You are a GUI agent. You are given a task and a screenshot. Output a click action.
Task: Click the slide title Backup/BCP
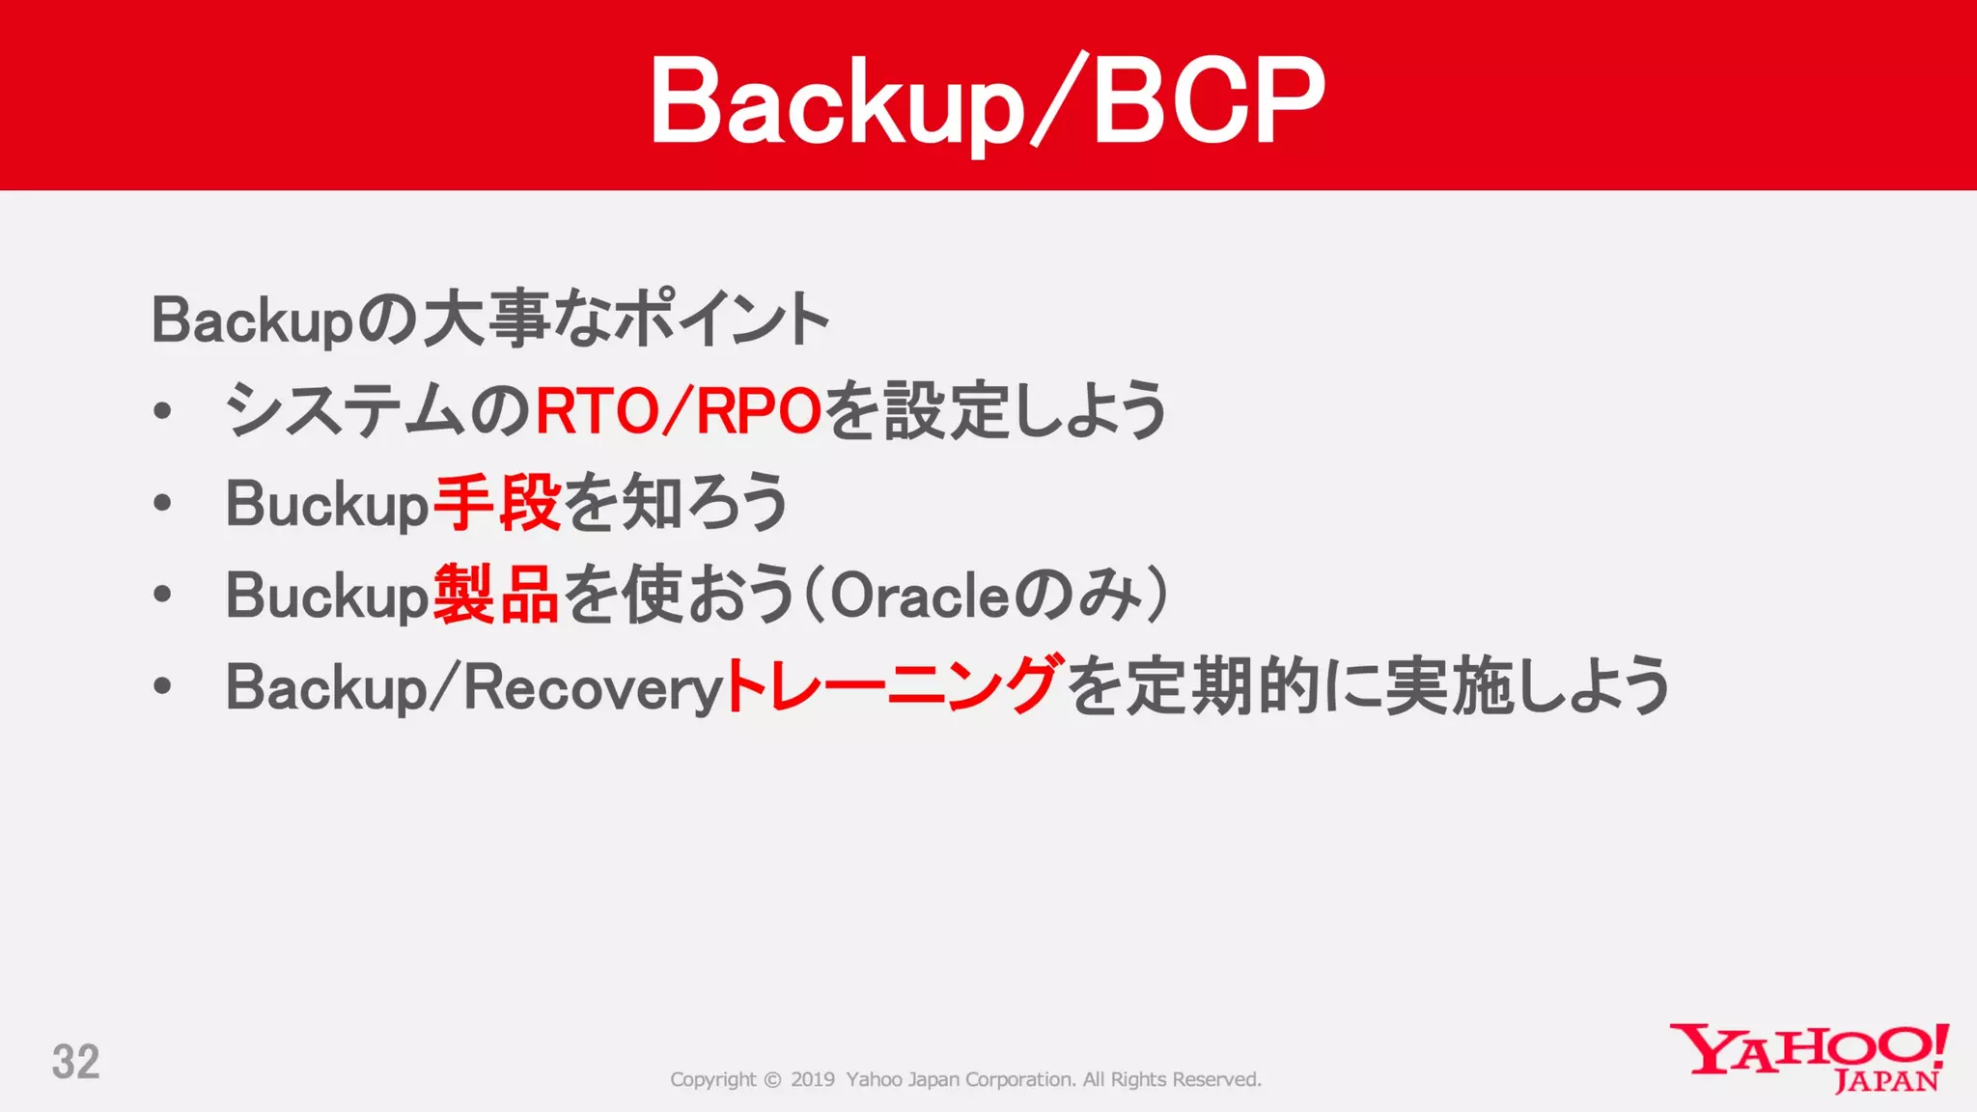(x=987, y=100)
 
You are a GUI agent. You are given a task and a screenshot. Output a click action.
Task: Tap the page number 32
(x=75, y=1062)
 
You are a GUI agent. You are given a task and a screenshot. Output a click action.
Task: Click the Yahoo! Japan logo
(x=1809, y=1056)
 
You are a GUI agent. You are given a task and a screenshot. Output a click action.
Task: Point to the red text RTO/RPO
(x=678, y=410)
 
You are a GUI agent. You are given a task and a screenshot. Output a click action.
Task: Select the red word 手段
(x=496, y=503)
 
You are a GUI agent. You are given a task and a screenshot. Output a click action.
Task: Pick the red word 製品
(x=496, y=595)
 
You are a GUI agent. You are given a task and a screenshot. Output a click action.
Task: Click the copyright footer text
(x=965, y=1079)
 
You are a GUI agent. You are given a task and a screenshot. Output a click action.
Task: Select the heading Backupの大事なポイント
(x=489, y=320)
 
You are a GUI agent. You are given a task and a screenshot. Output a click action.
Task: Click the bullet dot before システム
(x=162, y=411)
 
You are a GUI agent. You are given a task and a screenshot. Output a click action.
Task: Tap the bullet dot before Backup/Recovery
(x=162, y=686)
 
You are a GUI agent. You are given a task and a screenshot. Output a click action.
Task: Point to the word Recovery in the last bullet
(x=593, y=688)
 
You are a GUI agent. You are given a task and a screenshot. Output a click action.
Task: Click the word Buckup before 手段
(x=326, y=504)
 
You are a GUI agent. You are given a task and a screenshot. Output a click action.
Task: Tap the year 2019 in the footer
(x=812, y=1079)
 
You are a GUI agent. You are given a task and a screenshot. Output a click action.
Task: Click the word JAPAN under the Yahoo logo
(x=1886, y=1081)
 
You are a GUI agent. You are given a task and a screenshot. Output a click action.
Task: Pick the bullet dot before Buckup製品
(x=162, y=595)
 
